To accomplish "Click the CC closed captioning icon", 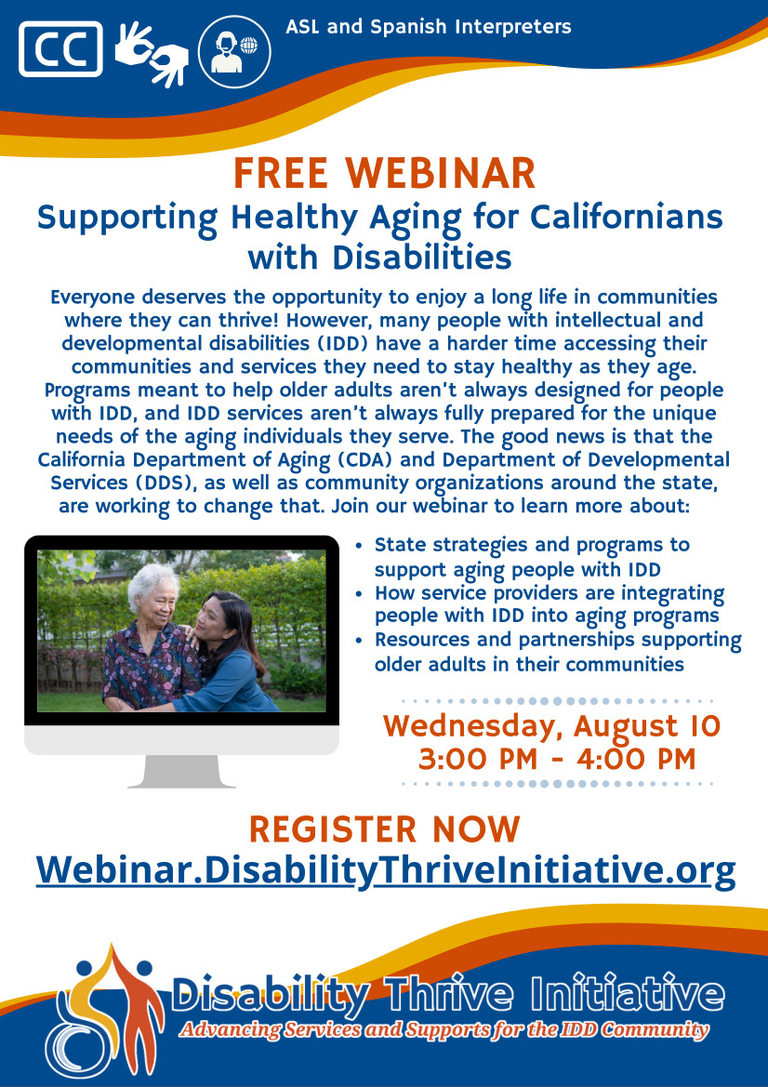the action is (61, 48).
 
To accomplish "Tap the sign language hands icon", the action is (152, 54).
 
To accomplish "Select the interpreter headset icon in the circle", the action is (234, 51).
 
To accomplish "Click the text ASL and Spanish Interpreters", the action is (429, 27).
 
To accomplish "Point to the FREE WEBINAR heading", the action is (384, 173).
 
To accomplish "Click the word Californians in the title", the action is (627, 217).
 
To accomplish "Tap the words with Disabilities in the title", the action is (380, 258).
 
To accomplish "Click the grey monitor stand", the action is (181, 771).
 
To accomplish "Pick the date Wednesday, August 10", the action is (551, 726).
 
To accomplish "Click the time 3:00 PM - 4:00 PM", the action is (557, 759).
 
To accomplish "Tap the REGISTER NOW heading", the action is (384, 829).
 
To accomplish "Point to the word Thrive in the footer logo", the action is (451, 996).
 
